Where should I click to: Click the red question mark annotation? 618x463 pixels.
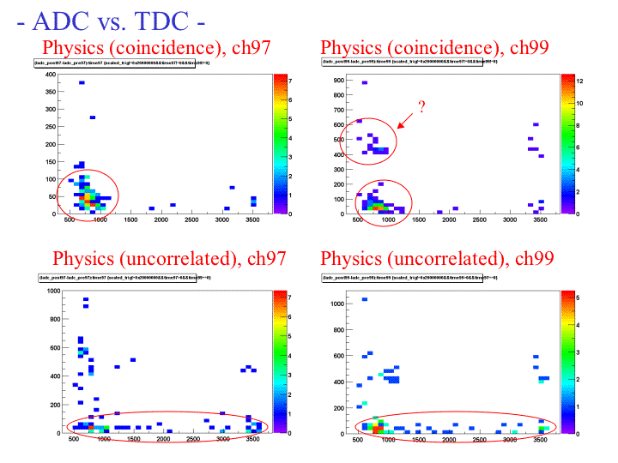(421, 106)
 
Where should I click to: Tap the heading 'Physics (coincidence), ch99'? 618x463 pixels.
(434, 48)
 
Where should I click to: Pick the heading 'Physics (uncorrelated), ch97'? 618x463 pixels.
(169, 258)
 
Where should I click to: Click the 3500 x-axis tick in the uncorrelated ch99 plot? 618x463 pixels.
(540, 440)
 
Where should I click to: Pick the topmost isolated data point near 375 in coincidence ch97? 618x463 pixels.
(82, 83)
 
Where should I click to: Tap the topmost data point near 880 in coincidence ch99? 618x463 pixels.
(365, 83)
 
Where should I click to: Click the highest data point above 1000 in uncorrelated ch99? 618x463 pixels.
(364, 299)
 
